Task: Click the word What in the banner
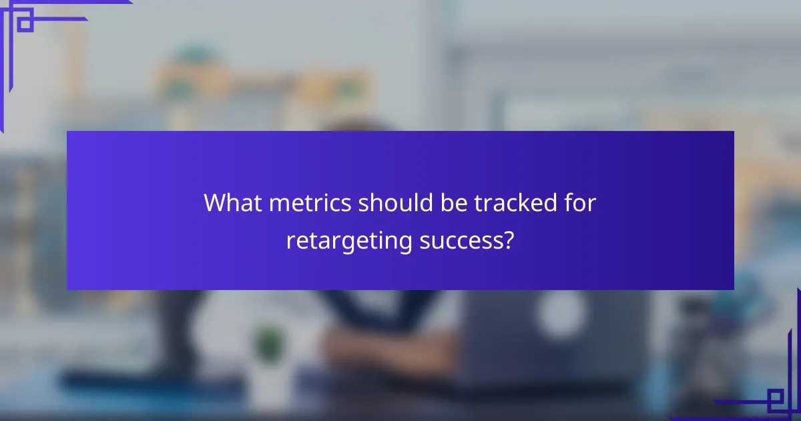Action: click(229, 202)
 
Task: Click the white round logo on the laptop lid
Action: click(559, 314)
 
